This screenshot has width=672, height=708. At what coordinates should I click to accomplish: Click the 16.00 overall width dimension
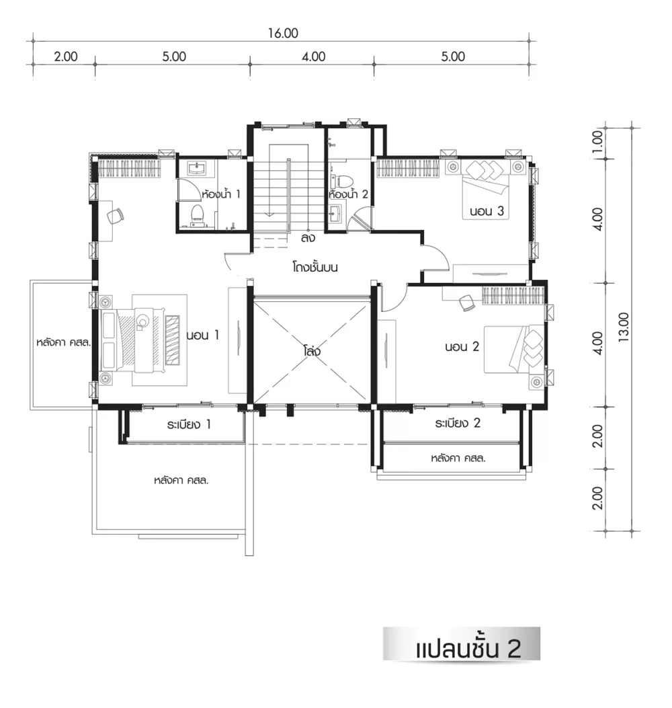point(283,34)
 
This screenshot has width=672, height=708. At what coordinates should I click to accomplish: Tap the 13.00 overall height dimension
point(623,327)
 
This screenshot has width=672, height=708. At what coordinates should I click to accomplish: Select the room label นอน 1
point(203,335)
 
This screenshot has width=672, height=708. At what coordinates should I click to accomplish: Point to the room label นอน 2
point(462,347)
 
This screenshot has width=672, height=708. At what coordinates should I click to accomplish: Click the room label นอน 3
point(487,211)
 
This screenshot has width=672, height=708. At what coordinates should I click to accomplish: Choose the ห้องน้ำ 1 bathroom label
point(221,194)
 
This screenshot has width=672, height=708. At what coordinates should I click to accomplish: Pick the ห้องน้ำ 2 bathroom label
point(348,194)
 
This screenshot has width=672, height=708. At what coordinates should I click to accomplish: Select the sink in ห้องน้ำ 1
point(196,168)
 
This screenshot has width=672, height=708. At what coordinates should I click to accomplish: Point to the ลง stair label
point(308,238)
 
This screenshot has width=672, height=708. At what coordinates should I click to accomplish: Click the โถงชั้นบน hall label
point(315,268)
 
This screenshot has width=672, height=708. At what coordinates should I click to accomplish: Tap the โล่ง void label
point(312,350)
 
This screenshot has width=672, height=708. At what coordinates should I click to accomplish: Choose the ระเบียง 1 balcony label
point(189,424)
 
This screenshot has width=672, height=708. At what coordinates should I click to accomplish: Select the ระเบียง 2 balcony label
point(458,423)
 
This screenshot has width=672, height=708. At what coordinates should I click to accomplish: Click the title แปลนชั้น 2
point(468,648)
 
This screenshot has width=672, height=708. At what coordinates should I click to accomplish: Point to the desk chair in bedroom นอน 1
point(115,216)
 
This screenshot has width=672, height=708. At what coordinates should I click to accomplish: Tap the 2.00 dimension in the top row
point(66,57)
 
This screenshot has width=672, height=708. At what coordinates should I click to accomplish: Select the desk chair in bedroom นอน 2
point(467,303)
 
